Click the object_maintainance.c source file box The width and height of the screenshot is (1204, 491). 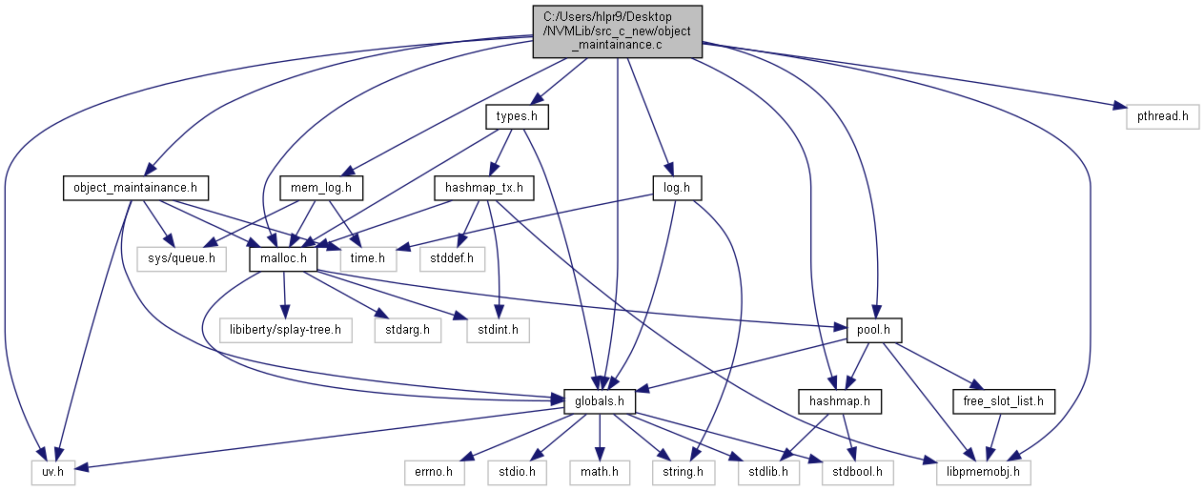click(618, 31)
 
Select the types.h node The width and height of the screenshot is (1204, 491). click(518, 117)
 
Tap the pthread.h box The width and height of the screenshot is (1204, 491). click(1162, 117)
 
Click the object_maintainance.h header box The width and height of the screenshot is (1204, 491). click(135, 187)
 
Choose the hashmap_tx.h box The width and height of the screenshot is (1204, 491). click(483, 187)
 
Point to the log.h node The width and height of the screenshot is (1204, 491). click(676, 187)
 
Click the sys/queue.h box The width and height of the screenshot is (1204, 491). click(188, 257)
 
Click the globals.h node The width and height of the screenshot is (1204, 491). click(600, 401)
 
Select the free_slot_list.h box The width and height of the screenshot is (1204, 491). click(1004, 401)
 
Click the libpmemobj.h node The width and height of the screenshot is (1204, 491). click(977, 471)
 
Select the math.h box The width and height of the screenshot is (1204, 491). click(599, 471)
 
